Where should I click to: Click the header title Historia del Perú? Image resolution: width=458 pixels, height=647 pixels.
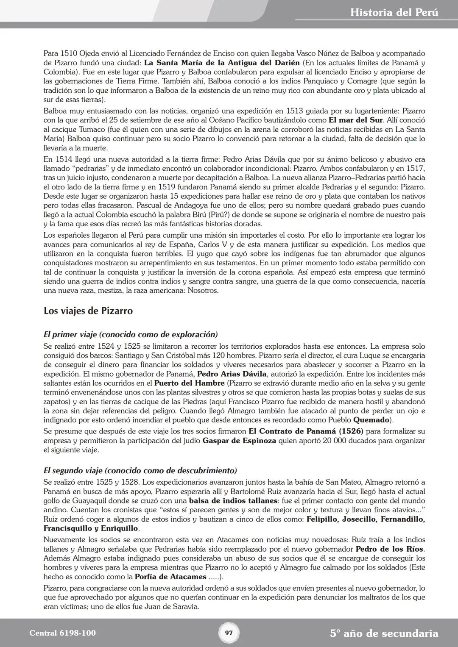[394, 12]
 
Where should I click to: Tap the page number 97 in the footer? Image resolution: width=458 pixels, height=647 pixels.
[229, 633]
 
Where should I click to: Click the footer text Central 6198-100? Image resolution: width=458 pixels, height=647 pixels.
[62, 633]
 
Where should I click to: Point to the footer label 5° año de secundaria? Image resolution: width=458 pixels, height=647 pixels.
[384, 633]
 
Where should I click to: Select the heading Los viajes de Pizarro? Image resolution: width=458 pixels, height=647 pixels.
[88, 311]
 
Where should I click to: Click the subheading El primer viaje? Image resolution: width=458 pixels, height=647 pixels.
[131, 335]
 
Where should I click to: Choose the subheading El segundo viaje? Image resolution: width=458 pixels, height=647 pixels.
[140, 470]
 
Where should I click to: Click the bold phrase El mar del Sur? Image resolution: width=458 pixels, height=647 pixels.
[355, 120]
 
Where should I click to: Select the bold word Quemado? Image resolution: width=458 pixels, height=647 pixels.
[371, 420]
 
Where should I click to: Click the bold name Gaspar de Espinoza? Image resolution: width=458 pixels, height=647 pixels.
[239, 441]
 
